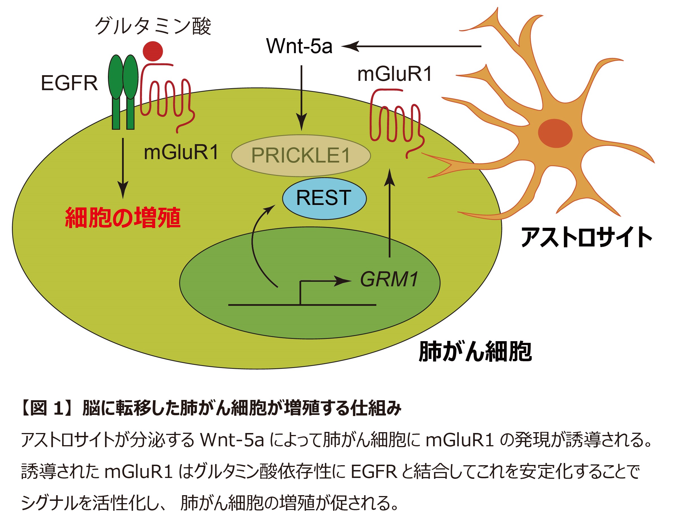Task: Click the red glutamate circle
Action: point(153,51)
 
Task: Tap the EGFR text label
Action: point(69,83)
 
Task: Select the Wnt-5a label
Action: point(299,46)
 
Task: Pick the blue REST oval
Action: point(324,198)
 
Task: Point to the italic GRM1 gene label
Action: point(389,279)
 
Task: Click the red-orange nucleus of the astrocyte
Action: point(555,133)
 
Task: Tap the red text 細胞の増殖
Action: point(123,218)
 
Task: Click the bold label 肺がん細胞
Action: point(475,352)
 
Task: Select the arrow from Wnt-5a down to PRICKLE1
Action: point(301,97)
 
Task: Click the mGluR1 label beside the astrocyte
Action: point(395,75)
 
